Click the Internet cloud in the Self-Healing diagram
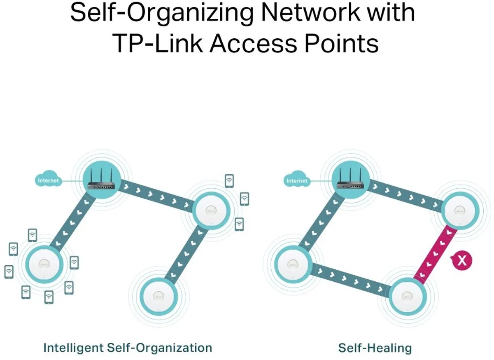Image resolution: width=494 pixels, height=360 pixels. tap(297, 179)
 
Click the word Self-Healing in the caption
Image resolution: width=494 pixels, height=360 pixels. tap(375, 348)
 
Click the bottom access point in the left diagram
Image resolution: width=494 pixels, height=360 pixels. tap(158, 297)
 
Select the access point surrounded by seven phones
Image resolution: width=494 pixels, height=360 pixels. tap(44, 264)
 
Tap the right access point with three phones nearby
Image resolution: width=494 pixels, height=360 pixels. tap(211, 211)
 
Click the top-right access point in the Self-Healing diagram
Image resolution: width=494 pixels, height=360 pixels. tap(460, 211)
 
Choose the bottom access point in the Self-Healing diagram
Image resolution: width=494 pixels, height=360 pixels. tap(408, 297)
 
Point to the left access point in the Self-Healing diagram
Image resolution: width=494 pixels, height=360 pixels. tap(293, 264)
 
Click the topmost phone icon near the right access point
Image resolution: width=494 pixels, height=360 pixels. tap(229, 181)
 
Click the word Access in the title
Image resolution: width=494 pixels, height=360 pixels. tap(254, 43)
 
